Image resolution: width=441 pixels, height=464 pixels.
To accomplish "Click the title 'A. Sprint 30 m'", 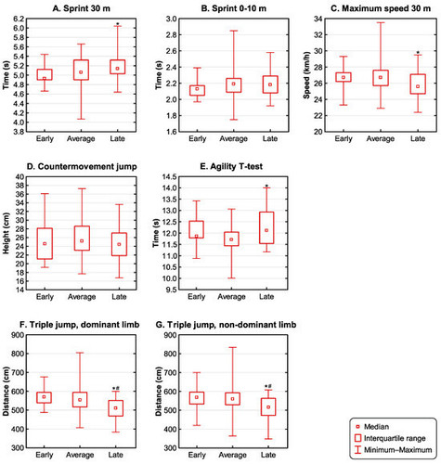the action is point(81,8).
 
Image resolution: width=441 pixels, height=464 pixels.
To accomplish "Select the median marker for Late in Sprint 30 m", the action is point(117,69).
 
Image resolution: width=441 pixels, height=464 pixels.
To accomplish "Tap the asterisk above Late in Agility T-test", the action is point(266,187).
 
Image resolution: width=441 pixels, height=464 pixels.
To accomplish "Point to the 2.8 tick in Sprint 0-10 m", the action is point(171,35).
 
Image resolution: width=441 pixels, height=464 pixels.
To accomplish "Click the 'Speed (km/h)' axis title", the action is point(306,75).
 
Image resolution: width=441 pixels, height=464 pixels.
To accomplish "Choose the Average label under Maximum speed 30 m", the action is point(381,138).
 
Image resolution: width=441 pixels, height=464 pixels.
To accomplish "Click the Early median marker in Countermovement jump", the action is point(45,244).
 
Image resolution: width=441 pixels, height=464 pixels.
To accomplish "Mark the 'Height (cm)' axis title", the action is point(6,234).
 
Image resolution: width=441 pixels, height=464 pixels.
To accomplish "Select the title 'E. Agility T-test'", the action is point(231,166).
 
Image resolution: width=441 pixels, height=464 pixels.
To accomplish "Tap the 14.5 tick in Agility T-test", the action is point(169,177).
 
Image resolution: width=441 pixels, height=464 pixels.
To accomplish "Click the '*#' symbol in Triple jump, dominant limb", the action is point(116,388).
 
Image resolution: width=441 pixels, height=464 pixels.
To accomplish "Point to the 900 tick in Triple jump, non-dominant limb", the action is point(170,335).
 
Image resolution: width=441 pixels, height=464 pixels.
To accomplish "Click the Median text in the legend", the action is point(376,427).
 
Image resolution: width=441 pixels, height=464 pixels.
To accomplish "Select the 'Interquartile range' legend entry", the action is point(390,438).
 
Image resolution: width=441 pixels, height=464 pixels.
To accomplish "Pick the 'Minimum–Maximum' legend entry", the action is point(393,449).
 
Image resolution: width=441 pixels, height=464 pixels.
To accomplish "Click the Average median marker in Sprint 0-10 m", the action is point(234,84).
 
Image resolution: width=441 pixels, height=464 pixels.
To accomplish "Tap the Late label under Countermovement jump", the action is point(119,297).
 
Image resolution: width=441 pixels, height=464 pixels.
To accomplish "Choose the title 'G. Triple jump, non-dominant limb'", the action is point(226,325).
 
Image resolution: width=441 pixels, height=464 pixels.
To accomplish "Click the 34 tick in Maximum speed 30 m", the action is point(318,19).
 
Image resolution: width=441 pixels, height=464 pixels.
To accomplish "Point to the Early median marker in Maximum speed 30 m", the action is point(344,77).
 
